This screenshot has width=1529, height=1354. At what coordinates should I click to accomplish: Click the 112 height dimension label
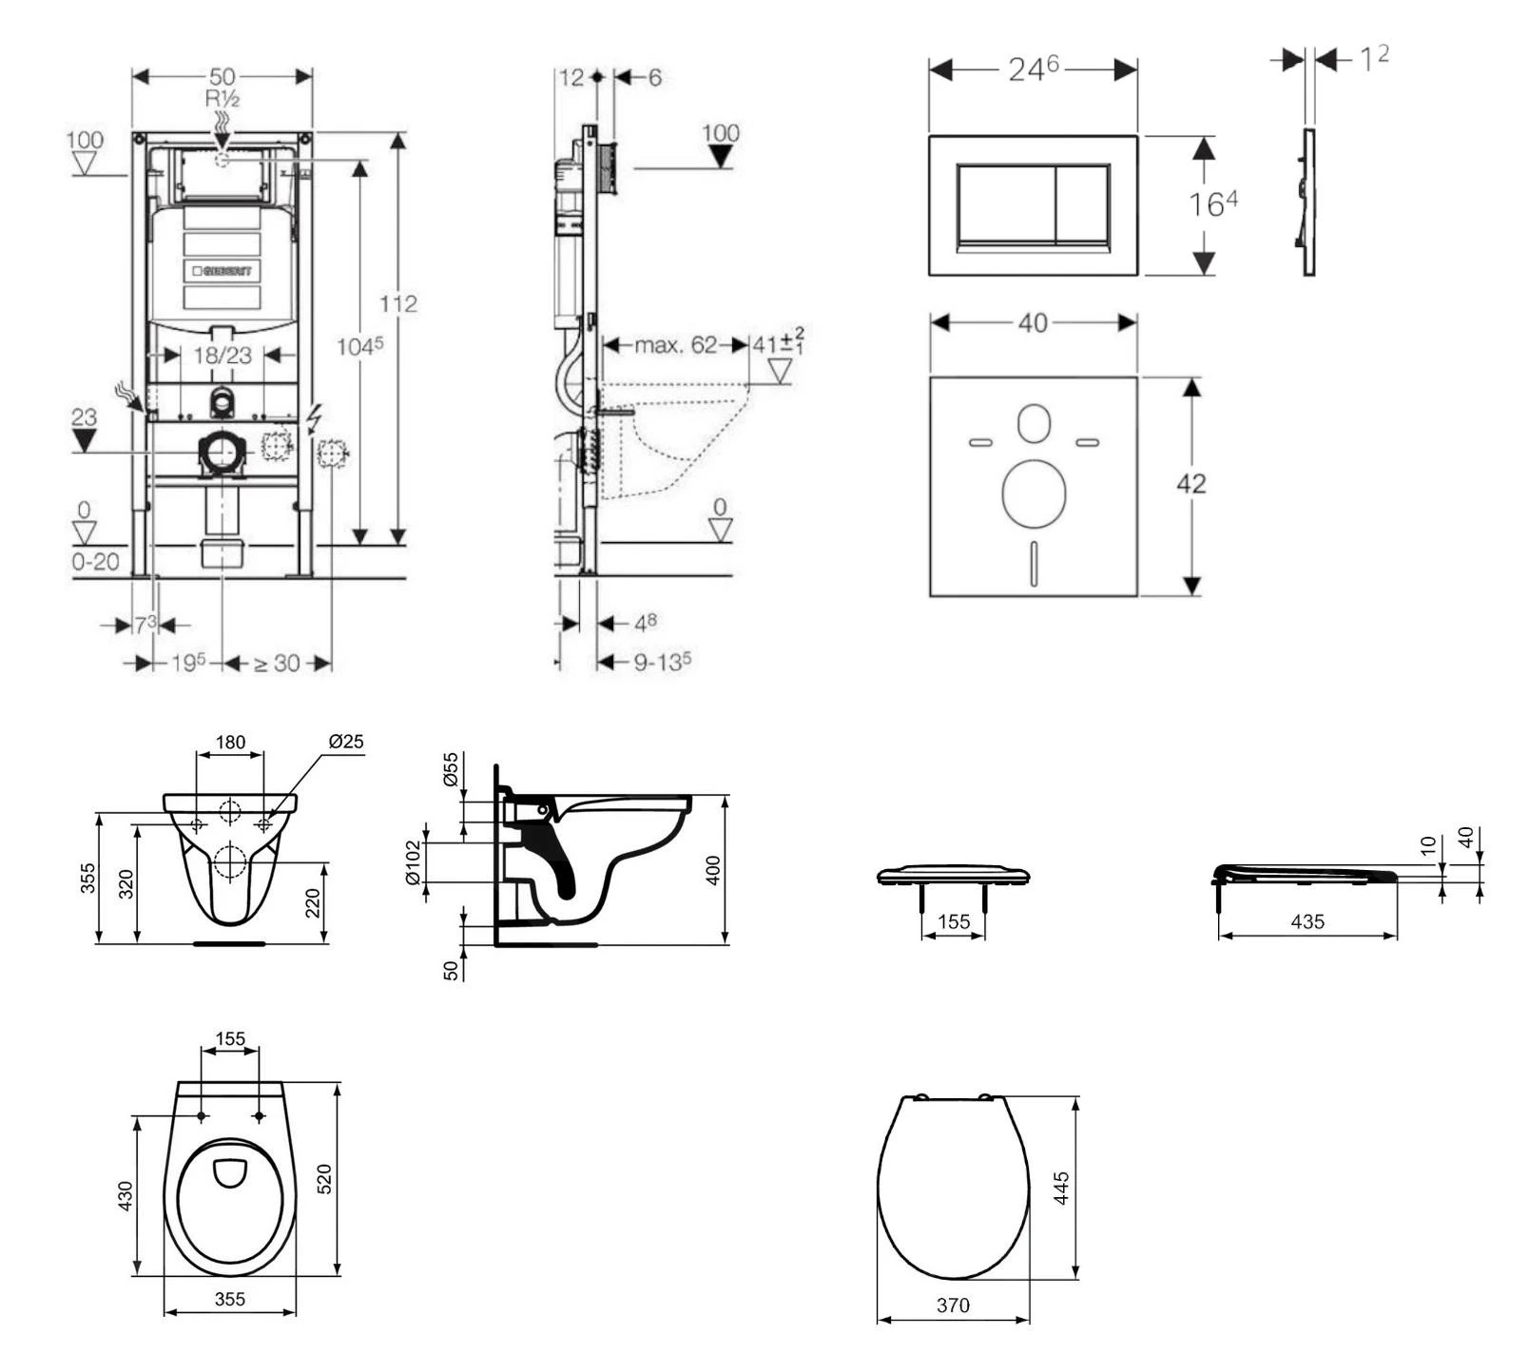[397, 303]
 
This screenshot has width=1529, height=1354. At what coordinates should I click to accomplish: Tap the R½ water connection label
[222, 99]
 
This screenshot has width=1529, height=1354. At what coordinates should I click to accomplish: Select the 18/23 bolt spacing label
[223, 355]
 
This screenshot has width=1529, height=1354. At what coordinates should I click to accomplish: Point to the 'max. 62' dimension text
[675, 344]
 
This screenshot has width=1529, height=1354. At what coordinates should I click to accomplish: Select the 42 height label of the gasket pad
[1190, 484]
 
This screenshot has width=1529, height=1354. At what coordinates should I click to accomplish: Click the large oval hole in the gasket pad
[1034, 493]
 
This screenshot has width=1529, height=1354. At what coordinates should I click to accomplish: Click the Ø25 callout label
[346, 742]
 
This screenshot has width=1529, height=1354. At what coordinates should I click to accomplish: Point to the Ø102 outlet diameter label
[413, 862]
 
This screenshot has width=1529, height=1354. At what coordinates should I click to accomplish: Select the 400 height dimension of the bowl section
[713, 870]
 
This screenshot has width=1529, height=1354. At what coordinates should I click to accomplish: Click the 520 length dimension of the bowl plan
[324, 1179]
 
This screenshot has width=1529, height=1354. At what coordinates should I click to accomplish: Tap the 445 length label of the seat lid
[1062, 1188]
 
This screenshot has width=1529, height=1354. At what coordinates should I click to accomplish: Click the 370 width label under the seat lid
[952, 1306]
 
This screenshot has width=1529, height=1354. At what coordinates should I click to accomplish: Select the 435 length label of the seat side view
[1307, 921]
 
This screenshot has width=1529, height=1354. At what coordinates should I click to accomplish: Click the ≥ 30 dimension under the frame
[277, 663]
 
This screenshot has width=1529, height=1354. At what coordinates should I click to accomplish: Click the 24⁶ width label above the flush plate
[1033, 69]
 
